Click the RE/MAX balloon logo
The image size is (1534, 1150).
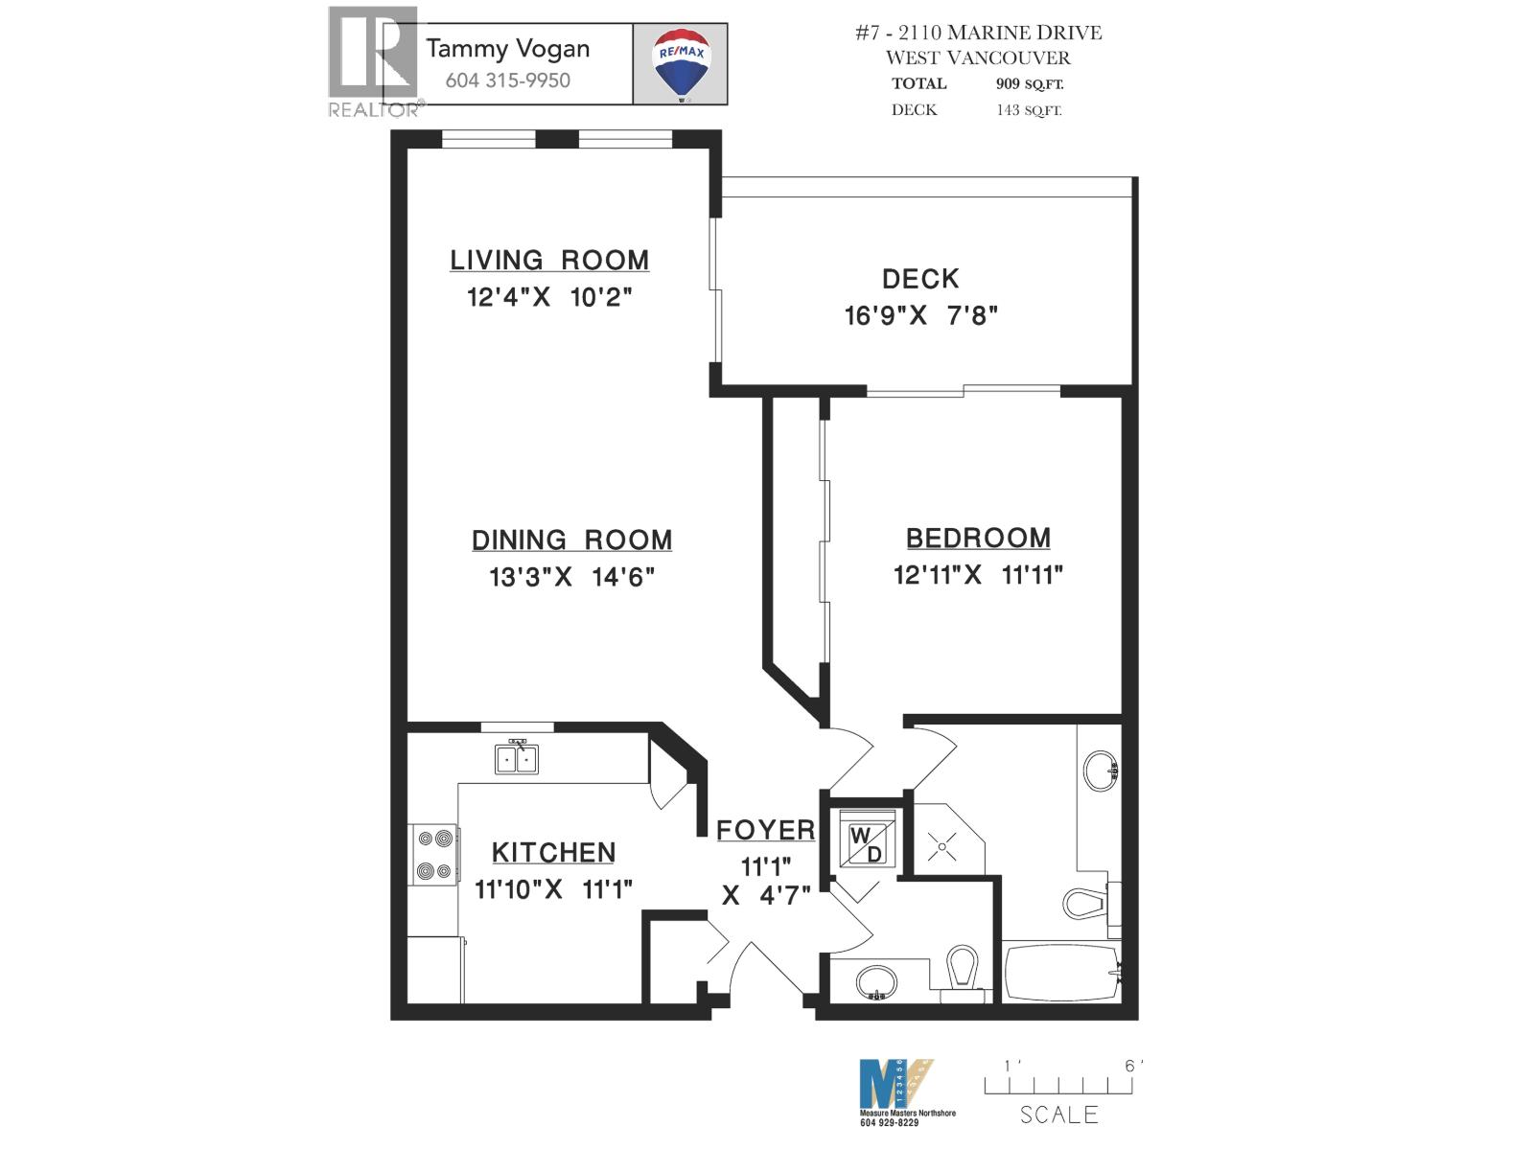point(680,63)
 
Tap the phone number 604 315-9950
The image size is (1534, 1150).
point(507,80)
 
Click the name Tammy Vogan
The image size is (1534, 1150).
point(507,49)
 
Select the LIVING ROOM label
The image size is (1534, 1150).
point(549,260)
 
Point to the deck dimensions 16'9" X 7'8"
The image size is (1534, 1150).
point(920,315)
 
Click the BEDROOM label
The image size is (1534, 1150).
point(978,538)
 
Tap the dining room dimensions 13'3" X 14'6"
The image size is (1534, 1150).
point(571,577)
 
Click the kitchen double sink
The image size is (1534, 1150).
point(517,758)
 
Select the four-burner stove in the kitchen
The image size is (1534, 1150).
point(432,855)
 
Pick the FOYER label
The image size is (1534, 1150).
point(765,830)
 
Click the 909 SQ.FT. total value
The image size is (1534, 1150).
point(1029,84)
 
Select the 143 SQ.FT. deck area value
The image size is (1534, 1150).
point(1029,110)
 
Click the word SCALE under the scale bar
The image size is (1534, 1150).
point(1058,1115)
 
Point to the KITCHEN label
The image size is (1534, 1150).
point(553,852)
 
